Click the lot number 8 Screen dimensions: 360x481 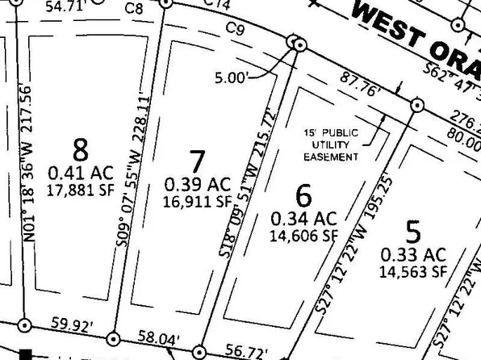(80, 149)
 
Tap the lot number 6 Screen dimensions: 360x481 (303, 195)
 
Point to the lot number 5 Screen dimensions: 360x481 (413, 233)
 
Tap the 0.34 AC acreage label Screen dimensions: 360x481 (303, 219)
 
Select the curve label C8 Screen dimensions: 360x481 (133, 10)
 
